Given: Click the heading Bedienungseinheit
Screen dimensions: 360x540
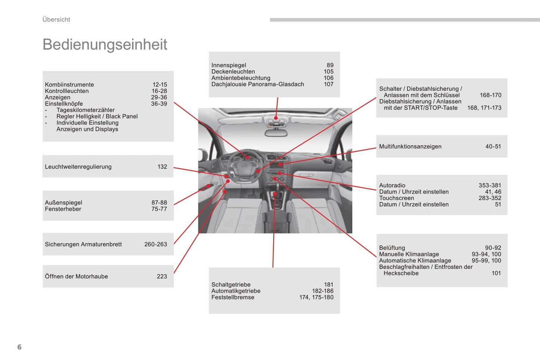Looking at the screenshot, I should click(x=105, y=44).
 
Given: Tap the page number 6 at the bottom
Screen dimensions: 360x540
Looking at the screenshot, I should click(x=19, y=347).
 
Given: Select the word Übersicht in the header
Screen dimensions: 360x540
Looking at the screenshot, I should click(x=56, y=19).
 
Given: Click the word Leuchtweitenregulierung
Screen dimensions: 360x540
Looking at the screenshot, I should click(x=78, y=167).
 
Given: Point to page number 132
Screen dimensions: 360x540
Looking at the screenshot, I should click(x=162, y=167).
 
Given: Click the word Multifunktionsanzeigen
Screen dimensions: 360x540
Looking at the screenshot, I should click(x=410, y=146).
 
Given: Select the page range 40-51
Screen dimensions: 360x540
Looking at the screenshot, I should click(x=493, y=146).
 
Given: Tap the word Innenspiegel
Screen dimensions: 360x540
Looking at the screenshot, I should click(x=229, y=65).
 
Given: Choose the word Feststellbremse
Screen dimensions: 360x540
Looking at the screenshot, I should click(x=232, y=297).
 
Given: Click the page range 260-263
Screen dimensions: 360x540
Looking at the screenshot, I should click(x=155, y=244).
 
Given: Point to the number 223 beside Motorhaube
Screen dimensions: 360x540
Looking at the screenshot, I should click(x=162, y=276).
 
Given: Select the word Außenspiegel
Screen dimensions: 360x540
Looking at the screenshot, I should click(x=64, y=202).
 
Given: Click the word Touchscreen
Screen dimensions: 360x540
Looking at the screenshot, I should click(x=396, y=198).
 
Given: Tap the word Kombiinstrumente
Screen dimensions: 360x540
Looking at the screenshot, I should click(x=69, y=85).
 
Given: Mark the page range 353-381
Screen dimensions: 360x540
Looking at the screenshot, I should click(x=490, y=185).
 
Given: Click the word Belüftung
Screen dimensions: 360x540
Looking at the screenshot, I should click(x=392, y=248).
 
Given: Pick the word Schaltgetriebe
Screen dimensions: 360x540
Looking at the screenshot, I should click(x=231, y=285).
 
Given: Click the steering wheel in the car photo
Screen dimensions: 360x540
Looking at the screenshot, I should click(x=245, y=166).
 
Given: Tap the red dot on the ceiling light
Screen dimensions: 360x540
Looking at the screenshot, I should click(x=276, y=118).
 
